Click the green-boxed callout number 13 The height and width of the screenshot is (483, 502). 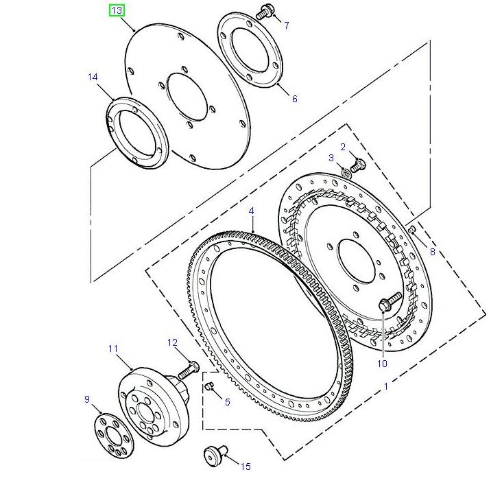(117, 11)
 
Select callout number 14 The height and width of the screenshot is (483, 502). (93, 78)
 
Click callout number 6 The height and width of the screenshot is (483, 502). (294, 99)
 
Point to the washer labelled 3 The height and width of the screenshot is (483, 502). (346, 172)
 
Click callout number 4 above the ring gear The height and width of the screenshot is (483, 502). (252, 211)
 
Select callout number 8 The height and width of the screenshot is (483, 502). (432, 252)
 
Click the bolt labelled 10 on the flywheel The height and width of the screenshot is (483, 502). (389, 302)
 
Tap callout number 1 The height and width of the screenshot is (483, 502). (386, 387)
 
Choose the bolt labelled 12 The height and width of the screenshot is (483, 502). (187, 370)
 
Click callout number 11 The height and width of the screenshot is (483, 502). (113, 349)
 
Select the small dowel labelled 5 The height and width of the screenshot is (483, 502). (211, 388)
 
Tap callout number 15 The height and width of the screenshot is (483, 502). (245, 467)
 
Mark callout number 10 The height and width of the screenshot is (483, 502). (381, 364)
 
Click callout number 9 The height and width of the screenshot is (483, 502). (87, 399)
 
